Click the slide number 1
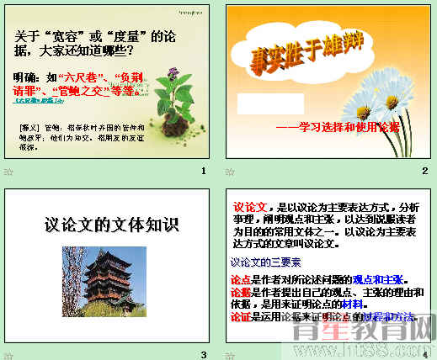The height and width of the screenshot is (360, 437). point(203,171)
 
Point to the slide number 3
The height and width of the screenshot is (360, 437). point(203,354)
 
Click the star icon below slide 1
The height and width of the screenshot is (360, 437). point(8,171)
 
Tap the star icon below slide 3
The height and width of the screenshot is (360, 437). point(8,354)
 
